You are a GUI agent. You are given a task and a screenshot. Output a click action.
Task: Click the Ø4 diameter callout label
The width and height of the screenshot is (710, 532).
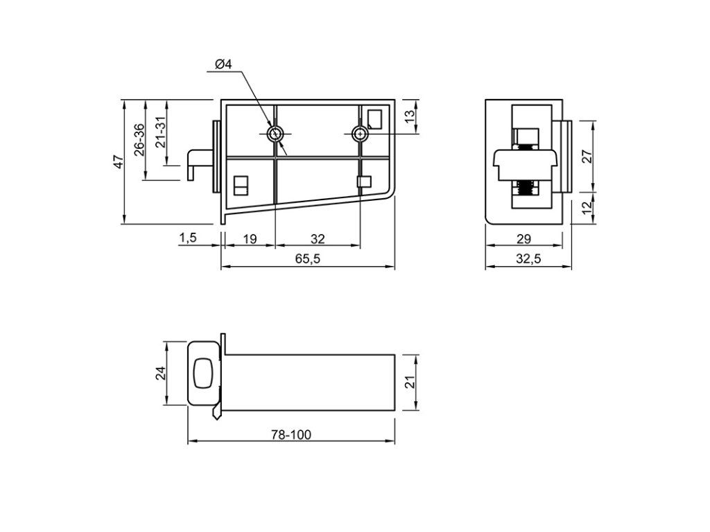pyautogui.click(x=223, y=64)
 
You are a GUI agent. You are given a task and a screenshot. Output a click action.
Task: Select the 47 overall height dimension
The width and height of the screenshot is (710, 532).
pyautogui.click(x=118, y=161)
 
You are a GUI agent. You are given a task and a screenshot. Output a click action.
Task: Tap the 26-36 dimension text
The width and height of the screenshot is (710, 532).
pyautogui.click(x=139, y=140)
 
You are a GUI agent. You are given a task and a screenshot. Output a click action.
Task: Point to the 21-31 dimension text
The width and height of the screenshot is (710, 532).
pyautogui.click(x=161, y=132)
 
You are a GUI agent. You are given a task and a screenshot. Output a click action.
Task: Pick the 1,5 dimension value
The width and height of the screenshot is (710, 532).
pyautogui.click(x=188, y=238)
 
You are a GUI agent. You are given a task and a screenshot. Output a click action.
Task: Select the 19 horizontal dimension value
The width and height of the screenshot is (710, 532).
pyautogui.click(x=250, y=238)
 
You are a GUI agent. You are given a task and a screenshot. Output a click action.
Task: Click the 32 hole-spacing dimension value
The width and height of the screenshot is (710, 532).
pyautogui.click(x=318, y=238)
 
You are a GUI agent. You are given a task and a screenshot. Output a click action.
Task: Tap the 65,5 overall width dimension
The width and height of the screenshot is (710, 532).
pyautogui.click(x=308, y=259)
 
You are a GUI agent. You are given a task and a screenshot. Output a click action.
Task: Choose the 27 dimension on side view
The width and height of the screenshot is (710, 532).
pyautogui.click(x=587, y=157)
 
